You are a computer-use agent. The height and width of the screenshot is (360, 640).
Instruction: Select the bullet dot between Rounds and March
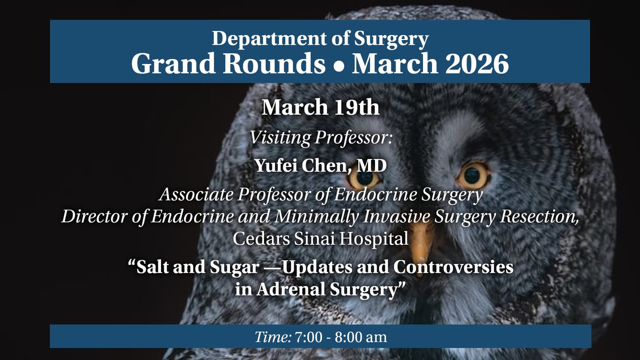(x=339, y=66)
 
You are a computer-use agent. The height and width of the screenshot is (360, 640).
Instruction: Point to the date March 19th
(x=320, y=107)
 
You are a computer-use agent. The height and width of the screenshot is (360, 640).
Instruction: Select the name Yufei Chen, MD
(x=320, y=166)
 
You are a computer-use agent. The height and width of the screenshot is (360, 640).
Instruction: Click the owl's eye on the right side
(x=473, y=174)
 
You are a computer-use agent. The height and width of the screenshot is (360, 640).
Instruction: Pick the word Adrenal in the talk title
(x=291, y=291)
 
